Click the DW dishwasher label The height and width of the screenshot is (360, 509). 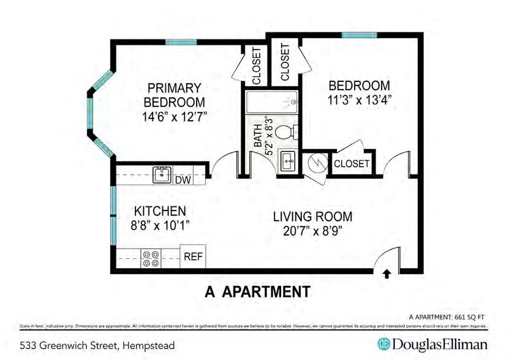pyautogui.click(x=183, y=180)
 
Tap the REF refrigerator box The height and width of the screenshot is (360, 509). pyautogui.click(x=193, y=257)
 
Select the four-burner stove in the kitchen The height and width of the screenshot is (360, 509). pyautogui.click(x=151, y=258)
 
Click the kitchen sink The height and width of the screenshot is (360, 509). pyautogui.click(x=162, y=174)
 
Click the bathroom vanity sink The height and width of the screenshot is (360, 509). pyautogui.click(x=287, y=162)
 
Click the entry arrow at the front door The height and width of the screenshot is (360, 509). pyautogui.click(x=386, y=274)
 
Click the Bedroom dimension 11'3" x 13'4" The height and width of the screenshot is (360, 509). pyautogui.click(x=359, y=100)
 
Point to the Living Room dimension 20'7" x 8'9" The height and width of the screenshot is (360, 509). pyautogui.click(x=312, y=231)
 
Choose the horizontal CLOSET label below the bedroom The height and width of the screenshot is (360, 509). pyautogui.click(x=352, y=164)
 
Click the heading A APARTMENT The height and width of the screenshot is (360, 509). pyautogui.click(x=257, y=291)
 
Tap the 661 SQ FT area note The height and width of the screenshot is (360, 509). pyautogui.click(x=468, y=317)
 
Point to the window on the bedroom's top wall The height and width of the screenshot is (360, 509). pyautogui.click(x=358, y=36)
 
